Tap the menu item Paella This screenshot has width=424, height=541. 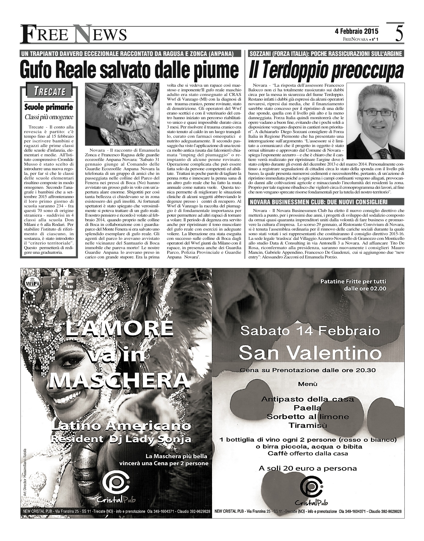coord(307,408)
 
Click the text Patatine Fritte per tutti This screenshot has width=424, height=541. coord(353,281)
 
